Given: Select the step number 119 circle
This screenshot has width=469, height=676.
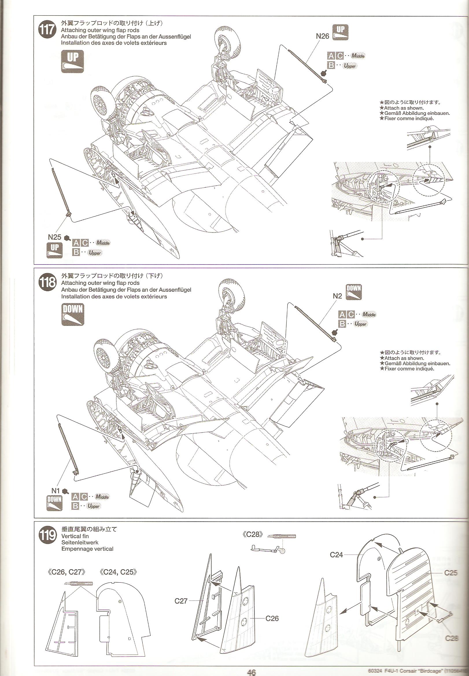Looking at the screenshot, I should pyautogui.click(x=47, y=535).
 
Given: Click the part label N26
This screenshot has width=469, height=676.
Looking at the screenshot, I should pyautogui.click(x=322, y=36).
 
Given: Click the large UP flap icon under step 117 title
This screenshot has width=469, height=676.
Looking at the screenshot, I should pyautogui.click(x=73, y=61).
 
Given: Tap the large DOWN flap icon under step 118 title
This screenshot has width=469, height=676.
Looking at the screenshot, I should pyautogui.click(x=73, y=314).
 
